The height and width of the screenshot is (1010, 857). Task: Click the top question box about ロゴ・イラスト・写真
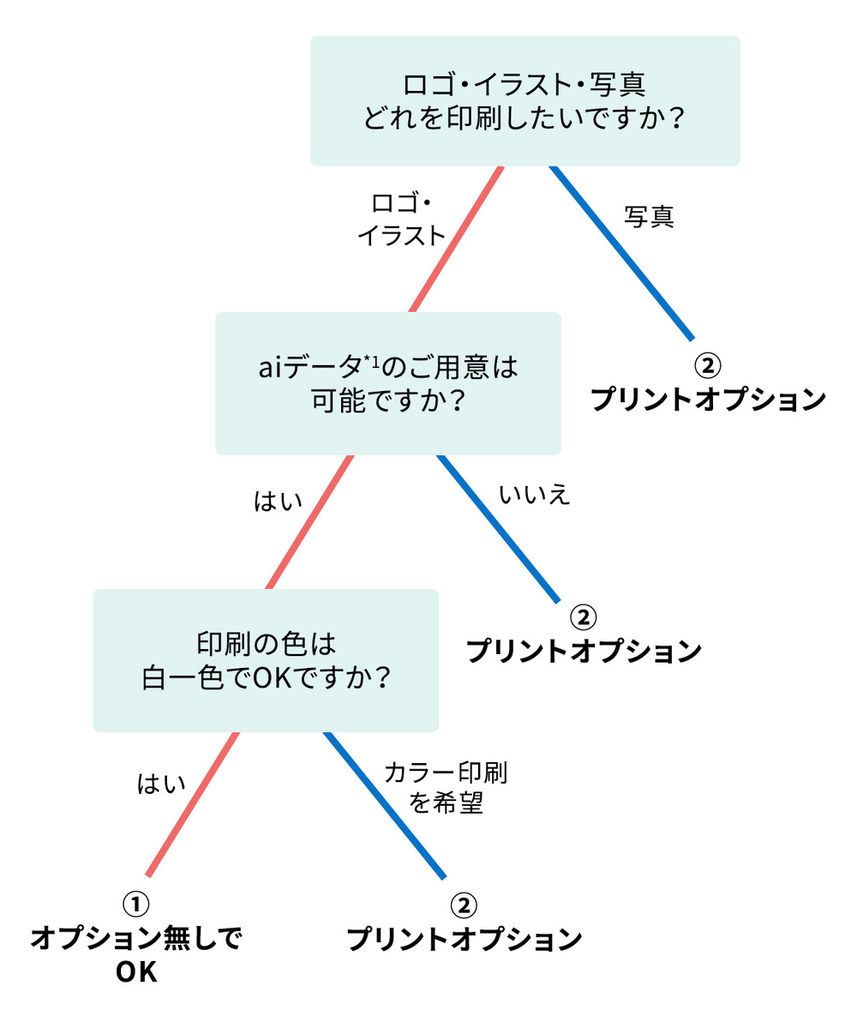coord(524,100)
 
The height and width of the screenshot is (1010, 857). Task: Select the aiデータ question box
coord(387,382)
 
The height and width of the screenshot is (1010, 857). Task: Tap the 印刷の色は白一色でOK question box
coord(266,660)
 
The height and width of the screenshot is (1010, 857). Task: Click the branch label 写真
coord(649,218)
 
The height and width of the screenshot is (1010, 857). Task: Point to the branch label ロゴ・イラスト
coord(401,219)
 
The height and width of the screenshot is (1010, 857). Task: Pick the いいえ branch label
coord(534,495)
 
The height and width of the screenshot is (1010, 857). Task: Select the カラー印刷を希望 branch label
coord(446,788)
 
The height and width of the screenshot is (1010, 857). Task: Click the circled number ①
coord(136,903)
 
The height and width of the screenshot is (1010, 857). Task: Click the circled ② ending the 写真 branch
coord(707,365)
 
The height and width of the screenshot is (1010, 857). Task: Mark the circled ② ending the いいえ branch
coord(583,616)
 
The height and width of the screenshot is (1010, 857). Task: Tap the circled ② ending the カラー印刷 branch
coord(463,905)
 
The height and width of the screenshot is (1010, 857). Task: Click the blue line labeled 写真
coord(620,250)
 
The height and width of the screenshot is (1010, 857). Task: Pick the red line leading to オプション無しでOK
coord(193,804)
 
